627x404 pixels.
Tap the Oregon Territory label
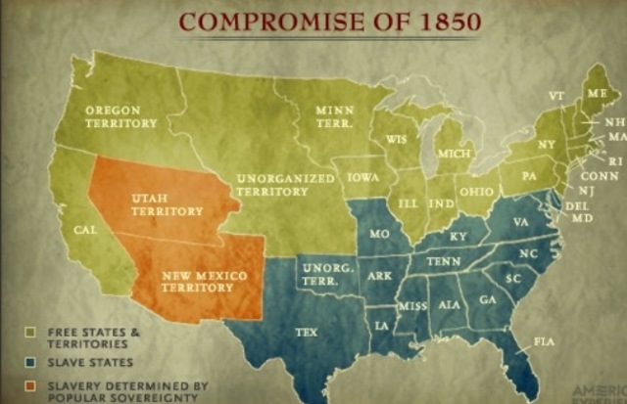coord(121,116)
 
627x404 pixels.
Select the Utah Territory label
coord(167,204)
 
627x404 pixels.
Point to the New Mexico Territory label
coord(203,282)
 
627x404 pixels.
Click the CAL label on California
coord(85,231)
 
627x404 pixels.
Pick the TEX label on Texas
coord(307,333)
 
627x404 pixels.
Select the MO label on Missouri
coord(380,235)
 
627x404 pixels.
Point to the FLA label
coord(544,340)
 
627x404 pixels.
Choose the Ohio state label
coord(475,192)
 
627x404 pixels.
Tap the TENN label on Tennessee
coord(443,262)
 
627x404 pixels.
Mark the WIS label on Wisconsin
coord(397,140)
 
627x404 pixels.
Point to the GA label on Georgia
coord(487,298)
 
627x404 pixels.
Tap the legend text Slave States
coord(90,362)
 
